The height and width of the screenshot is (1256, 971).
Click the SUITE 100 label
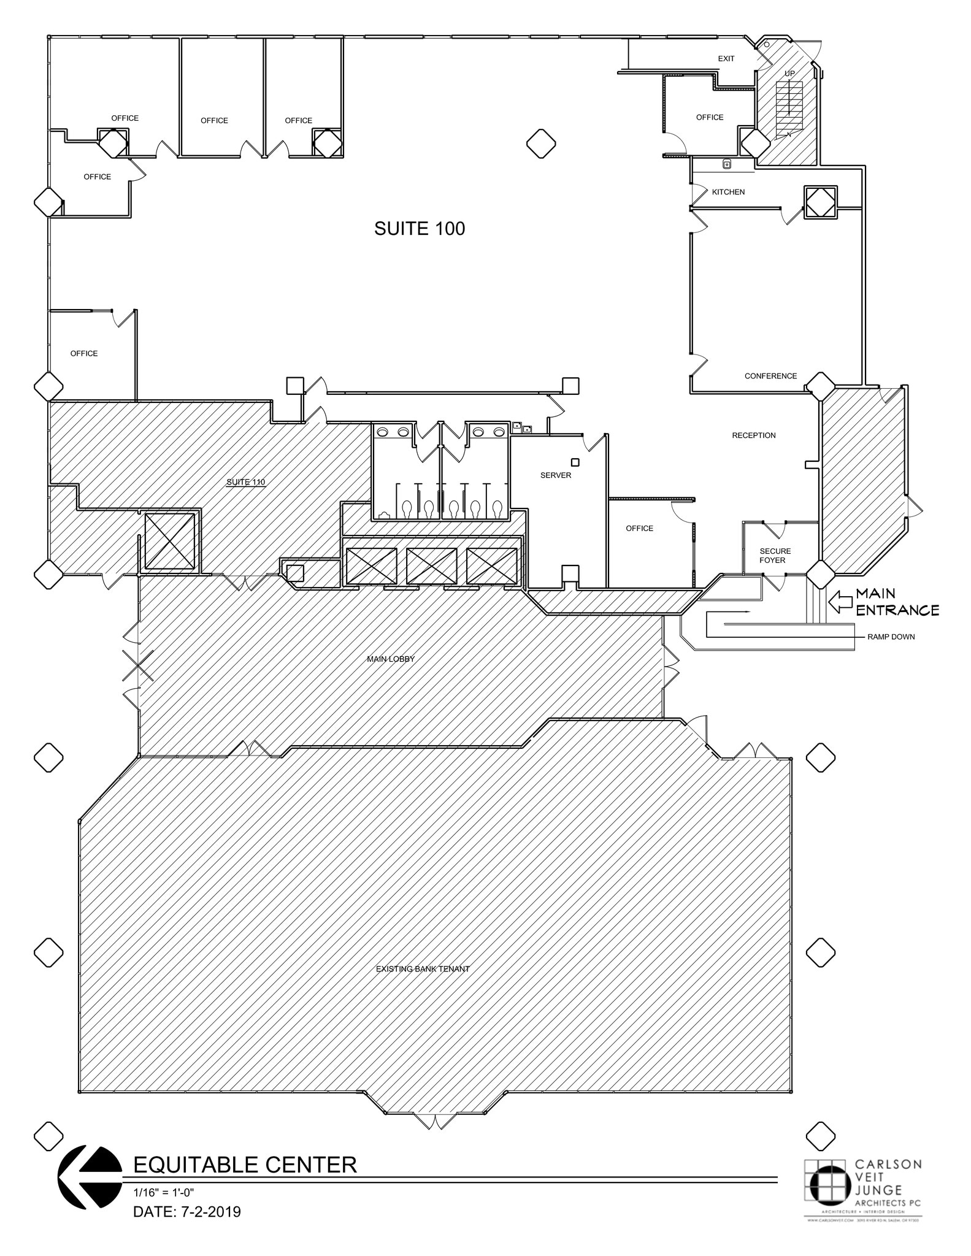point(420,229)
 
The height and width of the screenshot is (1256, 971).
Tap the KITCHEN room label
point(728,192)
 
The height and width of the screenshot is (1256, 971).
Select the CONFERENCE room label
point(770,376)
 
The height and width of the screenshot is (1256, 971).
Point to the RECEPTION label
point(753,435)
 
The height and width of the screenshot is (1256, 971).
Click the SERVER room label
point(556,475)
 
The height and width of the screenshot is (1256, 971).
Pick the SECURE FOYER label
point(775,556)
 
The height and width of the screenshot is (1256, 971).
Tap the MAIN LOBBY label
point(391,659)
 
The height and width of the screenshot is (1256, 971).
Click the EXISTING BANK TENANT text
point(423,969)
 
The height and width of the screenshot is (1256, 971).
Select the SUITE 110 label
point(246,482)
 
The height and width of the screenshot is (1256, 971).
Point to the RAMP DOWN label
point(891,637)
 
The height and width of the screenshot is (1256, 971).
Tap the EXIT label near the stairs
point(726,59)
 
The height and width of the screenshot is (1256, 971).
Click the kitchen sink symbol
point(726,164)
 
